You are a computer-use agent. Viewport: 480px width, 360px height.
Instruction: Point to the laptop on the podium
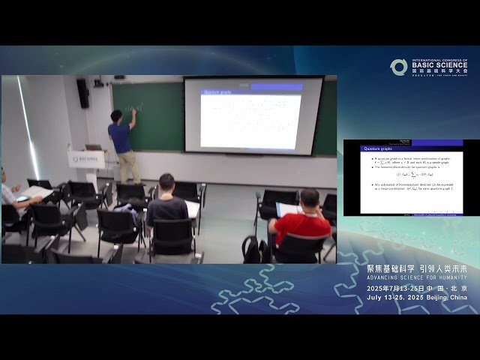[93, 148]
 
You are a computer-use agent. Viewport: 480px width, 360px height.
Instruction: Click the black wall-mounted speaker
[82, 93]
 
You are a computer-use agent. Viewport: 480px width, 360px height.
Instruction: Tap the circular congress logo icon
[398, 67]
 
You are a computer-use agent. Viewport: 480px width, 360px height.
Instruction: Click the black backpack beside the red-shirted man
[252, 250]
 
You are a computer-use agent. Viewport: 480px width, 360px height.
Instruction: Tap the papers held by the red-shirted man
[289, 209]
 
